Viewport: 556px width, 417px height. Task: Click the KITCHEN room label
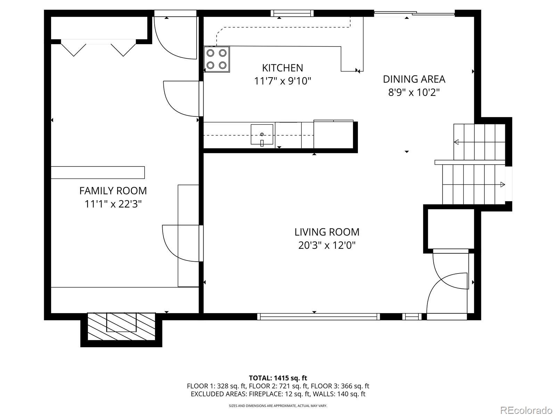click(x=283, y=68)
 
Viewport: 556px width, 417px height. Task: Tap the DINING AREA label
click(x=414, y=79)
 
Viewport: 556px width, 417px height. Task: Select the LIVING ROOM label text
click(x=327, y=232)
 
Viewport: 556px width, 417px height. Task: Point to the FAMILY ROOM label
click(x=113, y=191)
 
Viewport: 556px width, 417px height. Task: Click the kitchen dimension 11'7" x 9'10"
click(x=283, y=81)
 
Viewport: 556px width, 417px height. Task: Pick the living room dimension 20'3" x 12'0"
click(x=327, y=245)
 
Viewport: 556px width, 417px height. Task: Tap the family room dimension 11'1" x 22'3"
click(x=113, y=204)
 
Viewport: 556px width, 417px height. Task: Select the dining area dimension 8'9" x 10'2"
click(x=414, y=92)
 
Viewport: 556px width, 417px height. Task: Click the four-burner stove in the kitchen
click(x=216, y=59)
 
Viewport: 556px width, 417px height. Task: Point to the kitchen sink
click(x=262, y=134)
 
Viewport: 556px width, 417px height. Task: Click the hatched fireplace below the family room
click(x=121, y=326)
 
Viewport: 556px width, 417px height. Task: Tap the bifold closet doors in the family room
click(x=98, y=48)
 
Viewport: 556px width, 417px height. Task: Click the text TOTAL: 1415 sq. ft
click(x=278, y=378)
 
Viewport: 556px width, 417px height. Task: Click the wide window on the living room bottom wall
click(x=318, y=317)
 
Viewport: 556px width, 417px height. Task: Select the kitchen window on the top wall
click(x=292, y=13)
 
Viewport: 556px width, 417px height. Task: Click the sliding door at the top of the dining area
click(x=415, y=14)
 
